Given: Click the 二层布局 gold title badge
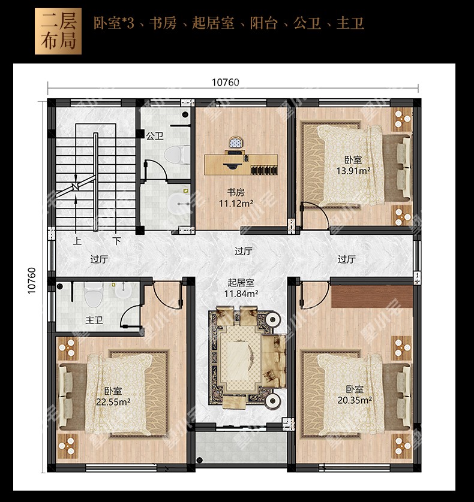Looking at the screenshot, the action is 58,31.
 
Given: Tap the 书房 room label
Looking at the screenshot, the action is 236,192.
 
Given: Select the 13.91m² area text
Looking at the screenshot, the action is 353,171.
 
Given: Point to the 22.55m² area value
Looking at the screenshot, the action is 113,401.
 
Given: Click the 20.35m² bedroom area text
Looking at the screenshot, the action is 355,400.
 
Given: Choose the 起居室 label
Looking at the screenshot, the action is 241,282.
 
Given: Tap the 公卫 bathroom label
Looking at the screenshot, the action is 155,136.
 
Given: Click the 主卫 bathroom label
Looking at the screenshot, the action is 94,319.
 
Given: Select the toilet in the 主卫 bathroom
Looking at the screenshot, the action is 93,294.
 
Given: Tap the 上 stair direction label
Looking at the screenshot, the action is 77,240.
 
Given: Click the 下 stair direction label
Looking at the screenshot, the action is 117,240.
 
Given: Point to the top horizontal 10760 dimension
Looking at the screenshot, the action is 226,82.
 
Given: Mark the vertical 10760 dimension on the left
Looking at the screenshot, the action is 32,281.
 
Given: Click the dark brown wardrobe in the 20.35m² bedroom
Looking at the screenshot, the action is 371,297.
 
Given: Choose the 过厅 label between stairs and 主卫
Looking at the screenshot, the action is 99,259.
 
